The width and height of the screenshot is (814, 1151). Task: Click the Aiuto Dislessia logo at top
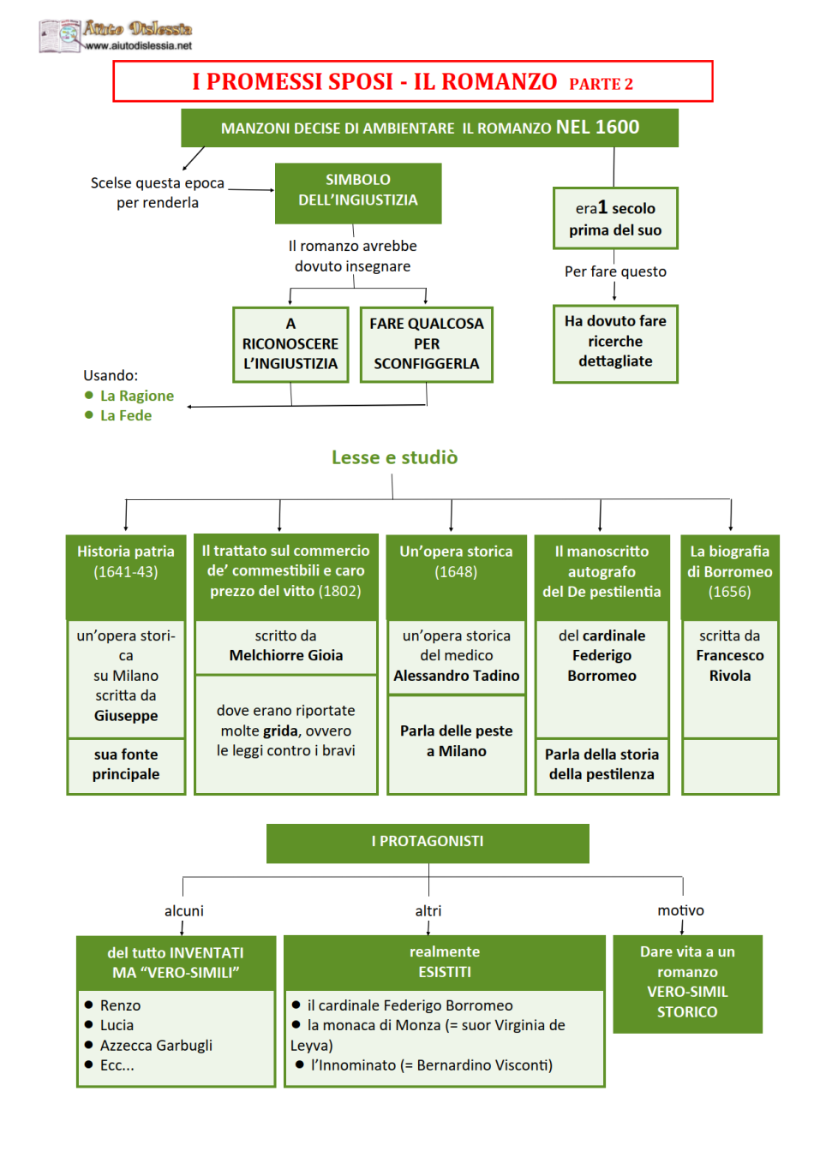pos(115,35)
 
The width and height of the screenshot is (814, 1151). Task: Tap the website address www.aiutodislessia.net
pos(138,45)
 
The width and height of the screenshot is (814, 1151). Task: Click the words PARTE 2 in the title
pos(601,84)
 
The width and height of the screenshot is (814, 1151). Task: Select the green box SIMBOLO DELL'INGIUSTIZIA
pos(358,194)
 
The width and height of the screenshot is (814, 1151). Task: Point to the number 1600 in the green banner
pos(617,127)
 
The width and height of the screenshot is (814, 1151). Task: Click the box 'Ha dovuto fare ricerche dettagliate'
pos(615,343)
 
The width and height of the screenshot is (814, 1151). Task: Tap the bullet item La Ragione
pos(137,396)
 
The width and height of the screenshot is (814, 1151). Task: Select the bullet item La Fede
pos(126,415)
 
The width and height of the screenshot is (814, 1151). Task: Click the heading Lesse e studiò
pos(394,456)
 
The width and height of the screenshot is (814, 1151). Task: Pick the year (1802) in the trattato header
pos(340,591)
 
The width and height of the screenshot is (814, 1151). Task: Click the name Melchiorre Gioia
pos(286,655)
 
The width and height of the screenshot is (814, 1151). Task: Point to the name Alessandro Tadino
pos(457,675)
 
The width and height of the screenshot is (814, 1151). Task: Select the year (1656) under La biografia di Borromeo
pos(729,592)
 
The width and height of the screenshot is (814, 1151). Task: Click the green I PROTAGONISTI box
pos(428,844)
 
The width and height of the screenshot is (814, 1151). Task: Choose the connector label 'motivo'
pos(681,910)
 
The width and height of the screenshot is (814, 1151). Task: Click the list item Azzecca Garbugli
pos(156,1045)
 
